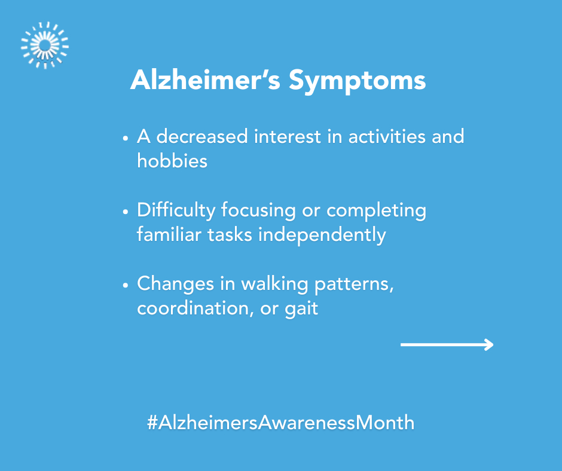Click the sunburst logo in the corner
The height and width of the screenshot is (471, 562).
[45, 45]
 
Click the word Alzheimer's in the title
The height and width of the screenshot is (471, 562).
[206, 79]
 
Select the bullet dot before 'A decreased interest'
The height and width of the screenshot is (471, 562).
[125, 138]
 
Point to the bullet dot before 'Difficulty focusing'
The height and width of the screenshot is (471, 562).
[125, 212]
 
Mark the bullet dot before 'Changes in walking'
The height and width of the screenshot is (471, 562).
[125, 285]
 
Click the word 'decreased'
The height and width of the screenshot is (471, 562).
[202, 136]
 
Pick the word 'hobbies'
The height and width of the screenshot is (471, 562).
[172, 161]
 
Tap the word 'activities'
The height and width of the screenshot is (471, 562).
[387, 136]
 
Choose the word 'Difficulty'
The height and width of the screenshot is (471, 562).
[176, 211]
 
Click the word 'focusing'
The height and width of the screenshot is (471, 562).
[258, 211]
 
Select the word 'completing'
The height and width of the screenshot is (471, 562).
[376, 211]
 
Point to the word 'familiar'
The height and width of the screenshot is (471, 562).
[169, 234]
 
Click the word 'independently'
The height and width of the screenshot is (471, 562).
[322, 235]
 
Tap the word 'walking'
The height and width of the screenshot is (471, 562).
[274, 285]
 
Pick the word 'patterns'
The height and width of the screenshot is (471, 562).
[354, 285]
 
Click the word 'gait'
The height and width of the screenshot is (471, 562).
[301, 310]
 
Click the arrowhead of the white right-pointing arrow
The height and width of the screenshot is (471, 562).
[489, 344]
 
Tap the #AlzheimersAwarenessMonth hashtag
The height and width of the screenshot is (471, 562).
[280, 422]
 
